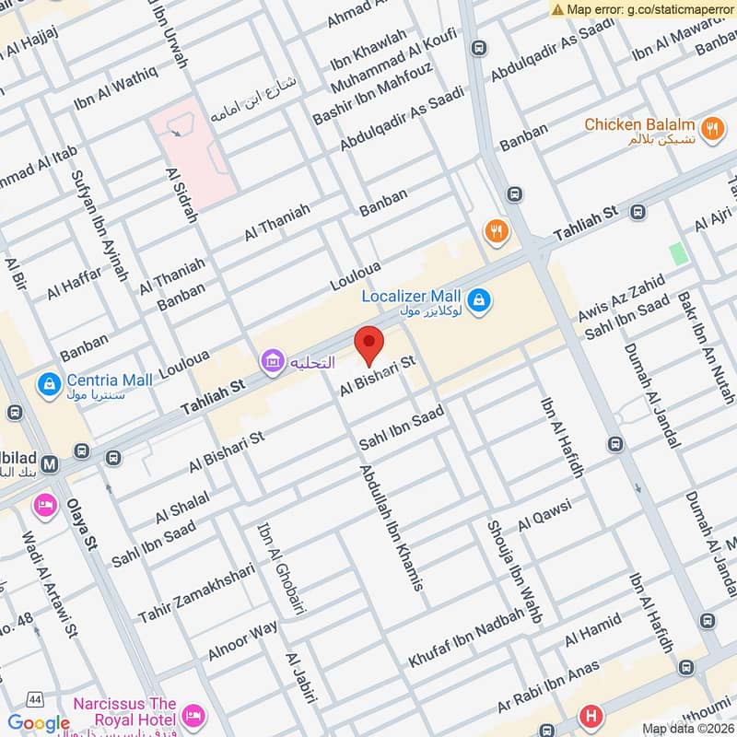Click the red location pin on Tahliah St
[369, 345]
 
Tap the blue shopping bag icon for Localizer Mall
[479, 299]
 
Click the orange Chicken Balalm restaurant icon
[711, 130]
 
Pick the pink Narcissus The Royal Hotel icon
[193, 715]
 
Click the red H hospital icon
[590, 715]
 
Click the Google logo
[39, 723]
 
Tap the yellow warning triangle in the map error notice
[557, 9]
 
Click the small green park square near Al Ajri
[679, 254]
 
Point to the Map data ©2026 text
[685, 729]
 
